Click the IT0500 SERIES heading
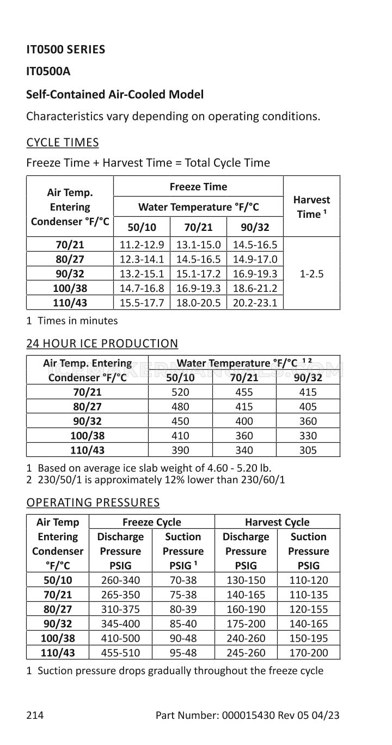coord(66,50)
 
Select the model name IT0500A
coord(48,71)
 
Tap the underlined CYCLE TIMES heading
coord(63,143)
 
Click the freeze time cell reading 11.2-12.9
coord(142,245)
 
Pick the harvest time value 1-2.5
coord(311,274)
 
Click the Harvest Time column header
coord(311,207)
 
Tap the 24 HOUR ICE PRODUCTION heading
coord(102,344)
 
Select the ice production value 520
coord(180,392)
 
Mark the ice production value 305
coord(308,450)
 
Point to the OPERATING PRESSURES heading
coord(93,502)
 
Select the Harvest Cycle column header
coord(277,522)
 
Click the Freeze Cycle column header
coord(152,522)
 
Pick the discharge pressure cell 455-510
coord(120,653)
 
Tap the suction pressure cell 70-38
coord(183,580)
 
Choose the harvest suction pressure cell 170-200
coord(309,653)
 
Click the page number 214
coord(35,715)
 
